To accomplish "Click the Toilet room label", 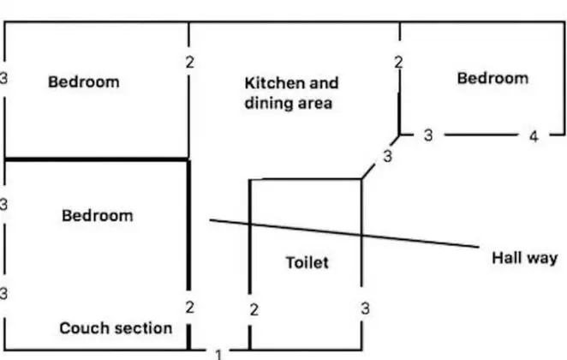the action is (x=307, y=262).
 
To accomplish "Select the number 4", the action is (x=534, y=137).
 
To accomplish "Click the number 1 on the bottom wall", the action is (x=218, y=355).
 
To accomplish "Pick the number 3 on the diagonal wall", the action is (x=387, y=156).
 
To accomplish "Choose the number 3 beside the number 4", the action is (x=428, y=135).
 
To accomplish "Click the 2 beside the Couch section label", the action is (x=189, y=308).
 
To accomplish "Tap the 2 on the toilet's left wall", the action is (x=254, y=310).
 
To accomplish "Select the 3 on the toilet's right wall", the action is (x=365, y=309).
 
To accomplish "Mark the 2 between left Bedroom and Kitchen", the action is (x=189, y=63).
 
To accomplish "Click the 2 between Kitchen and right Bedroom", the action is (x=398, y=63).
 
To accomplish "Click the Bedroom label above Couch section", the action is (x=98, y=216).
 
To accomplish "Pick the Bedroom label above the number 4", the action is (x=492, y=78).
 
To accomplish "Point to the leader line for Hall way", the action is (x=344, y=233).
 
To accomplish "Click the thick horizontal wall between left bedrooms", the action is (x=97, y=159).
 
